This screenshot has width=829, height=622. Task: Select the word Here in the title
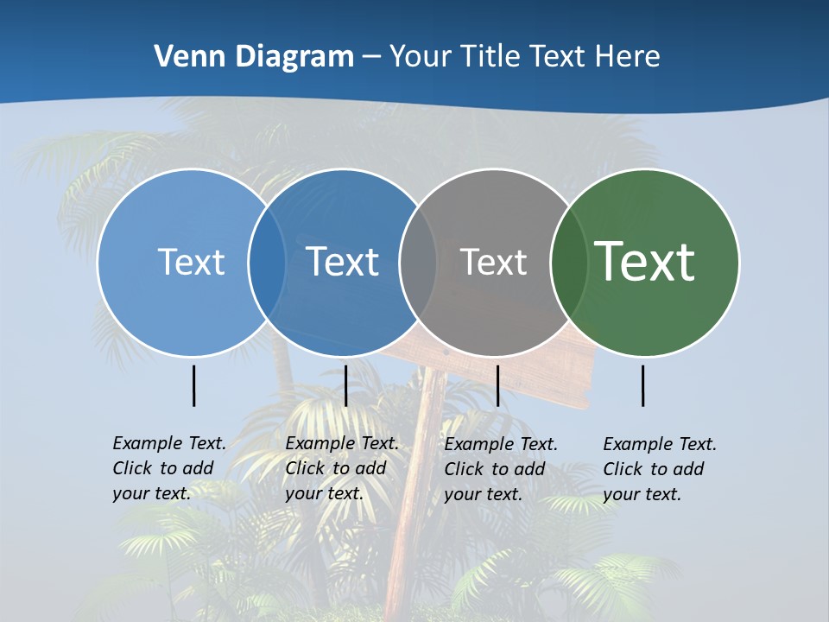[628, 57]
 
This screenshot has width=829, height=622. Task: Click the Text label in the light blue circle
[191, 262]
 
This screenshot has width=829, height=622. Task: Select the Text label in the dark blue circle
[343, 262]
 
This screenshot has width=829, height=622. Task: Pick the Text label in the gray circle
[493, 262]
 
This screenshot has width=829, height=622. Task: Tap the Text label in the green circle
[645, 262]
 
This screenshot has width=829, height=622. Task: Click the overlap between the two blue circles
[267, 262]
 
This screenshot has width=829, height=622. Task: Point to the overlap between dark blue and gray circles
[418, 262]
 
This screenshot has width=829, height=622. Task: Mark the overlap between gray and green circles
[569, 262]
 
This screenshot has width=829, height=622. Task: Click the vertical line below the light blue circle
[194, 385]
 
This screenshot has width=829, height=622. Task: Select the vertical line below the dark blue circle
[345, 385]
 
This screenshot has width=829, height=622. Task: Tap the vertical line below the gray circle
[497, 385]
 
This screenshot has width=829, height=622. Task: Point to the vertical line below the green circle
[643, 385]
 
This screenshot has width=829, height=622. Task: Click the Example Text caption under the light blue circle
[169, 468]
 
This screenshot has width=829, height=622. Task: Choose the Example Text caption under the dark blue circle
[342, 468]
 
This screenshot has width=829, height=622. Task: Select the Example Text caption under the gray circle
[501, 469]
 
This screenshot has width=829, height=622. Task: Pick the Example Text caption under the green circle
[660, 469]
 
